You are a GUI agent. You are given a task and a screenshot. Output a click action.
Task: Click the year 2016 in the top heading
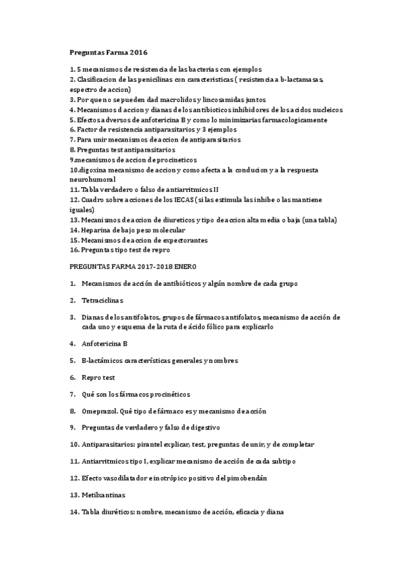pyautogui.click(x=139, y=52)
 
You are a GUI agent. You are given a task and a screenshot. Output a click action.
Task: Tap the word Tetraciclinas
pyautogui.click(x=103, y=300)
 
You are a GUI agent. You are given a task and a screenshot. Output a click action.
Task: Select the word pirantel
pyautogui.click(x=152, y=444)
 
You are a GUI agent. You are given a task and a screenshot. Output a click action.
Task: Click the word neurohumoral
pyautogui.click(x=93, y=180)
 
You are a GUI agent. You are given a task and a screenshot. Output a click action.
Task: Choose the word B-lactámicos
pyautogui.click(x=103, y=360)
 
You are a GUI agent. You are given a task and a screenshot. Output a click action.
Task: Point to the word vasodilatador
pyautogui.click(x=134, y=478)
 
